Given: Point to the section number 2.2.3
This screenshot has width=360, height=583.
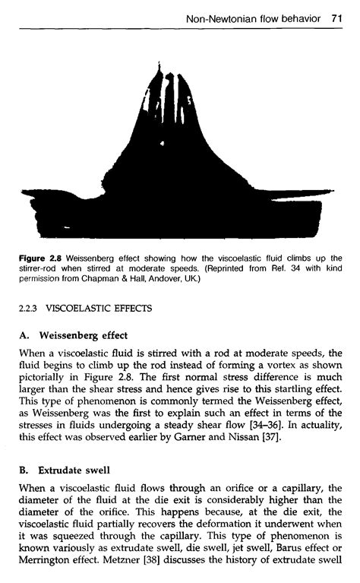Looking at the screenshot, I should point(27,309).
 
